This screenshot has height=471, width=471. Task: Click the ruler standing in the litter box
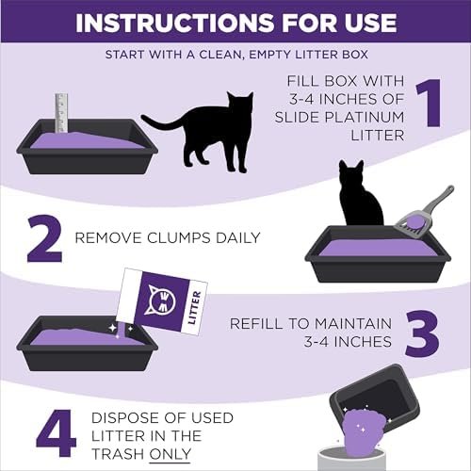[x=61, y=113]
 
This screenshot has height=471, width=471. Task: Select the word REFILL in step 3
[x=257, y=323]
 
